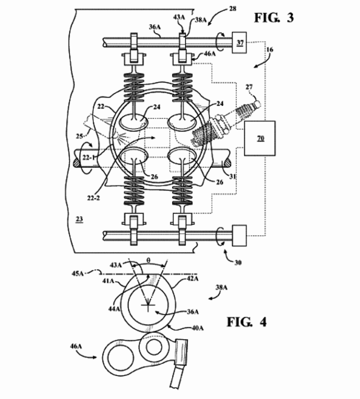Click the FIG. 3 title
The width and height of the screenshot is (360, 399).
coord(274,18)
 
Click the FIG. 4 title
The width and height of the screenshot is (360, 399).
coord(246,322)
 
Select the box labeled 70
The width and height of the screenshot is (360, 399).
coord(259,138)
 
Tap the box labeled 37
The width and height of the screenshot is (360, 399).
coord(240,43)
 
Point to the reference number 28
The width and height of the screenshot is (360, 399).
coord(232,9)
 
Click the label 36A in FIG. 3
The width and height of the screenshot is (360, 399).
coord(155,27)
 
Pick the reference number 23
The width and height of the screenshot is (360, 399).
coord(79,219)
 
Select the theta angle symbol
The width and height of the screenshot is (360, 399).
coord(148,261)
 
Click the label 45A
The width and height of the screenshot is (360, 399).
coord(78,274)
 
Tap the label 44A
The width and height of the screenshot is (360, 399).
coord(114,308)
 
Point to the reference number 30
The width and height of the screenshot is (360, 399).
coord(238,262)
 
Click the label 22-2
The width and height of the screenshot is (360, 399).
coord(93,198)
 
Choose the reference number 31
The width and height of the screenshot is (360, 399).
coord(233,176)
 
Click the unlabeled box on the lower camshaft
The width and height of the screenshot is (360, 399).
coord(240,236)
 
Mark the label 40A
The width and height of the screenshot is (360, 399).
coord(197,328)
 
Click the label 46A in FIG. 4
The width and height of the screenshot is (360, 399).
coord(76,346)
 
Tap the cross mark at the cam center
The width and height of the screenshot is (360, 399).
coord(148,304)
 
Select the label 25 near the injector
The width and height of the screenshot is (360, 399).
coord(80,136)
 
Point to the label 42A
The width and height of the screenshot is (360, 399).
coord(192,279)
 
